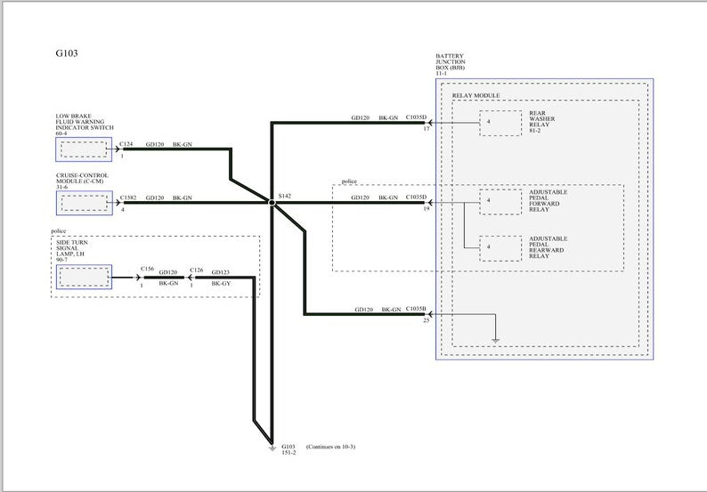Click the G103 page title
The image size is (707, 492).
tap(67, 52)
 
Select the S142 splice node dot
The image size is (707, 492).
tap(272, 204)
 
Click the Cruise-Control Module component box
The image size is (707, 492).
tap(84, 204)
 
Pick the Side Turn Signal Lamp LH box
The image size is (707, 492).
tap(84, 278)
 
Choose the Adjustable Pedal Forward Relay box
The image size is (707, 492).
tap(500, 202)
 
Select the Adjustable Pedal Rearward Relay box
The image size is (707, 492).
tap(500, 246)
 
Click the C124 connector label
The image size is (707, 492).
tap(126, 143)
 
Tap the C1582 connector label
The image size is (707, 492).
tap(129, 198)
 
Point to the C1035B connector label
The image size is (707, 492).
tap(417, 310)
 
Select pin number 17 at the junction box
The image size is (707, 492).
tap(427, 130)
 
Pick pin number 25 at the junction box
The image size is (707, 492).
tap(427, 320)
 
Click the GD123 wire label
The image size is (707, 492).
tap(221, 270)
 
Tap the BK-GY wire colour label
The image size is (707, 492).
tap(221, 283)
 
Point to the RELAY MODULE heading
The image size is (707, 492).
tap(475, 96)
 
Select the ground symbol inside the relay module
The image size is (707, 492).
tap(495, 337)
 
